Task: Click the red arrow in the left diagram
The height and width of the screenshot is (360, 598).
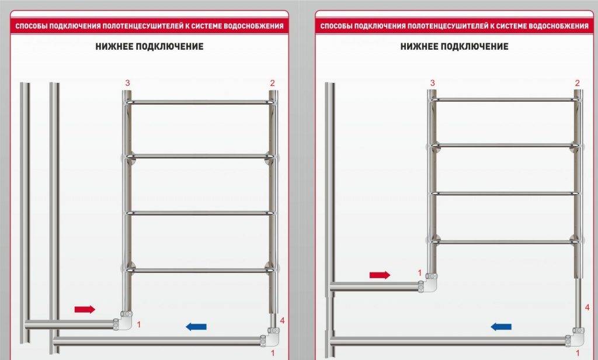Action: click(85, 309)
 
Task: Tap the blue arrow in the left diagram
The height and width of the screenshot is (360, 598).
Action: click(196, 327)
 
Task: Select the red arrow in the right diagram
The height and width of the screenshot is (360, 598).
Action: click(380, 275)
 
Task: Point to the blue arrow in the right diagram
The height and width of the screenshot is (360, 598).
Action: click(501, 327)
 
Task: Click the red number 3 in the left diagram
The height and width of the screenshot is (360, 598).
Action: click(127, 83)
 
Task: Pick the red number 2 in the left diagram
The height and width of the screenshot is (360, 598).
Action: click(272, 83)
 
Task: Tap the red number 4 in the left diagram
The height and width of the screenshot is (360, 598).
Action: click(282, 321)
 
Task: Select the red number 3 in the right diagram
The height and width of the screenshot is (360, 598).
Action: click(432, 83)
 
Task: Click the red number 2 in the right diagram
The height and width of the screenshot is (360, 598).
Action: click(578, 83)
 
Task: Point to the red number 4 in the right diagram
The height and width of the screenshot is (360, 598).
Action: click(587, 307)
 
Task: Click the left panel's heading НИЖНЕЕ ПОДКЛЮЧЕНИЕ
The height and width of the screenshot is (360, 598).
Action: click(149, 47)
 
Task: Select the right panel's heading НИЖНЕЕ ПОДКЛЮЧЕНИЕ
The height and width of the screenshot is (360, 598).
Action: click(454, 47)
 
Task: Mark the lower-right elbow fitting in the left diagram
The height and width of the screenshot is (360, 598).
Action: click(270, 337)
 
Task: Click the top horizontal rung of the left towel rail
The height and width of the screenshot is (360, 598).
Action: click(200, 102)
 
